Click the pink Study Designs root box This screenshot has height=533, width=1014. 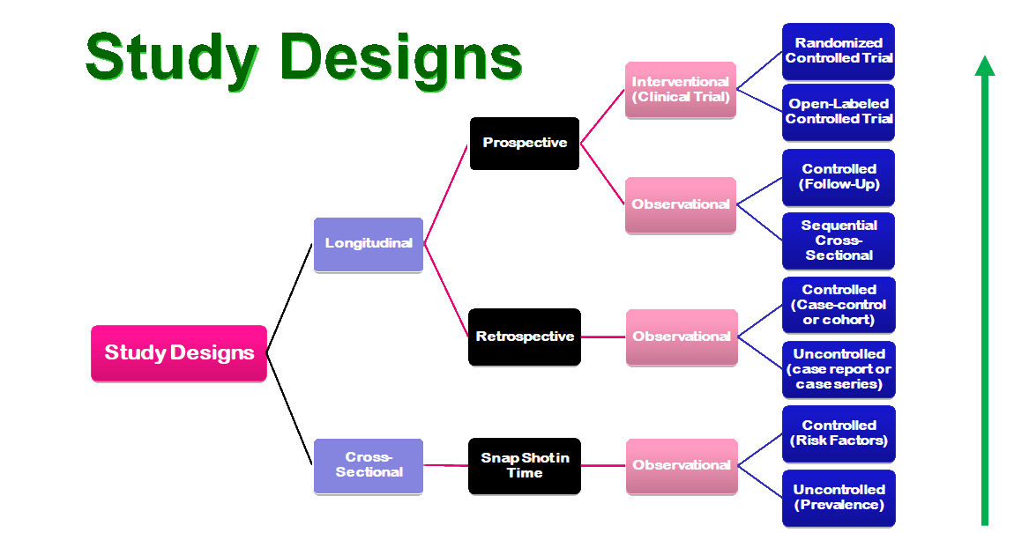tap(179, 353)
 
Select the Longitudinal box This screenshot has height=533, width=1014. tap(369, 244)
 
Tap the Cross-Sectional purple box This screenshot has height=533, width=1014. tap(369, 465)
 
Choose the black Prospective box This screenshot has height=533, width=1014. tap(525, 143)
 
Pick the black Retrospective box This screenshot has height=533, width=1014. tap(525, 337)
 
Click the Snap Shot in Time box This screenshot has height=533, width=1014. tap(525, 465)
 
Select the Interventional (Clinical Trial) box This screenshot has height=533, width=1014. tap(681, 89)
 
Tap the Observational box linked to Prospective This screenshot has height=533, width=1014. tap(681, 204)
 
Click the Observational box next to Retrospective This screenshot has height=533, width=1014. tap(681, 337)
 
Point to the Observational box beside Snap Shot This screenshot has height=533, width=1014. tap(681, 465)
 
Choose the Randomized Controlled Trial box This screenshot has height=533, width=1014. tap(839, 50)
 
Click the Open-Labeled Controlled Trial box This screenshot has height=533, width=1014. tap(839, 112)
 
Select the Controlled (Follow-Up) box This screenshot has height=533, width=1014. tap(839, 177)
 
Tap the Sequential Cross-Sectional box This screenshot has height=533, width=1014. tap(839, 241)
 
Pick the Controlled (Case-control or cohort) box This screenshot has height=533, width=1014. tap(839, 305)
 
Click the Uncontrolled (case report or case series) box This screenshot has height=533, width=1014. tap(839, 369)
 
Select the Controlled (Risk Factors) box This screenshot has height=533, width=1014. tap(839, 433)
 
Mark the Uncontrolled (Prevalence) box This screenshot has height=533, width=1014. tap(839, 498)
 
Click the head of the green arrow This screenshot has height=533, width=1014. tap(985, 66)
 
